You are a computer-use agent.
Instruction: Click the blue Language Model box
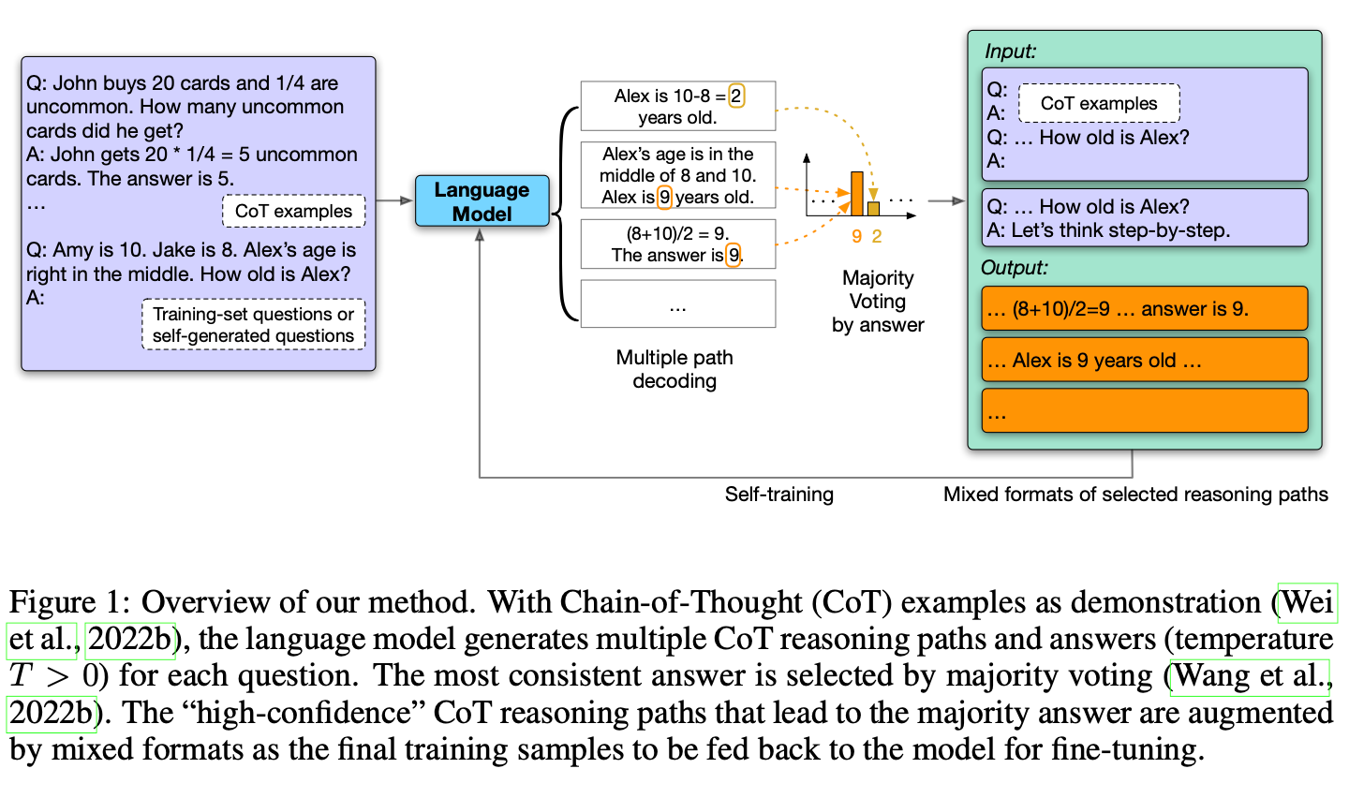coord(482,201)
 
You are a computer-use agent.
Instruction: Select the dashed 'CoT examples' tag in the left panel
coord(293,211)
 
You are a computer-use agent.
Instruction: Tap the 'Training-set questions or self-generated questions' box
coord(253,325)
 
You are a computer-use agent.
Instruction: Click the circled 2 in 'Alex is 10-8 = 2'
coord(736,96)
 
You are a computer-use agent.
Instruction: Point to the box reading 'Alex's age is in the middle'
coord(677,175)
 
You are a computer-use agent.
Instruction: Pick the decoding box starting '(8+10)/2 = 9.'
coord(677,244)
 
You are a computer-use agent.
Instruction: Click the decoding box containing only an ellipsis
coord(677,304)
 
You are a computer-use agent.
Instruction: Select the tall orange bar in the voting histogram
coord(856,194)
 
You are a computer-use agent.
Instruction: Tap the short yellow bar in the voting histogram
coord(873,208)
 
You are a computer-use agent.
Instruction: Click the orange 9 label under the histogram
coord(856,237)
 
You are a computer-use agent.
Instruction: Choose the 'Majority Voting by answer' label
coord(878,302)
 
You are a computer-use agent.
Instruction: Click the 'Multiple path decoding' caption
coord(674,369)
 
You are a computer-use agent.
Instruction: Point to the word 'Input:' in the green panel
coord(1010,52)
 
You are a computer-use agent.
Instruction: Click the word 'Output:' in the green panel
coord(1015,268)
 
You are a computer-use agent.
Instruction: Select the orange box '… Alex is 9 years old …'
coord(1144,360)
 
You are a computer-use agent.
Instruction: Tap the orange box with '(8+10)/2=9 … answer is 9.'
coord(1144,308)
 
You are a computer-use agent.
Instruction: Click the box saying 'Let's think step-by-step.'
coord(1144,218)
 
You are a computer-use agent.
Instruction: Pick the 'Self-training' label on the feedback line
coord(778,495)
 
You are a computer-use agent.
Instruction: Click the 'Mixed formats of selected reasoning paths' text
coord(1135,495)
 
